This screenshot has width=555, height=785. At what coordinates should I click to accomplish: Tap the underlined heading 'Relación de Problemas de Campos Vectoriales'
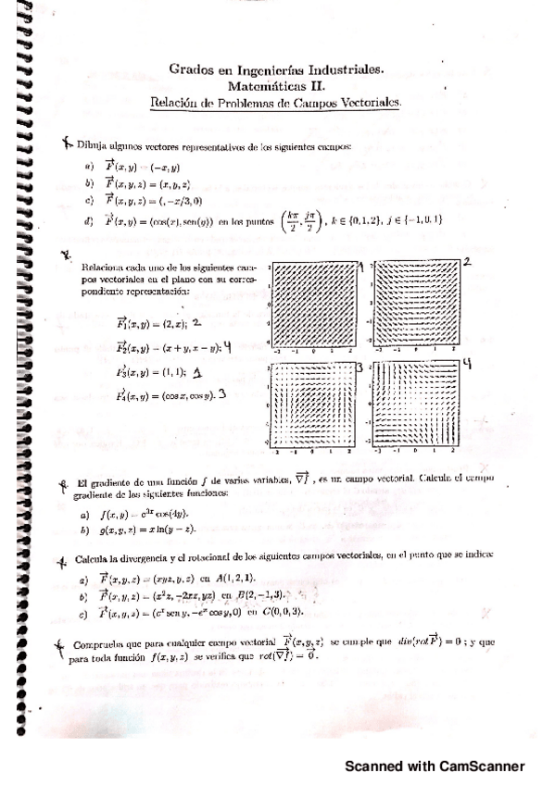[x=276, y=102]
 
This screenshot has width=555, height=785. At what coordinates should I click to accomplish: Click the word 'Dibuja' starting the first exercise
[x=94, y=146]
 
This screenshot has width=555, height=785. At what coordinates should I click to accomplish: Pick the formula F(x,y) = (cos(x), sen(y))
[x=172, y=220]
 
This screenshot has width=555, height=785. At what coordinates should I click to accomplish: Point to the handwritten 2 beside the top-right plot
[x=468, y=263]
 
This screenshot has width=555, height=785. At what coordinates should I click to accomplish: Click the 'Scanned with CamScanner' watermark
[x=435, y=766]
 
